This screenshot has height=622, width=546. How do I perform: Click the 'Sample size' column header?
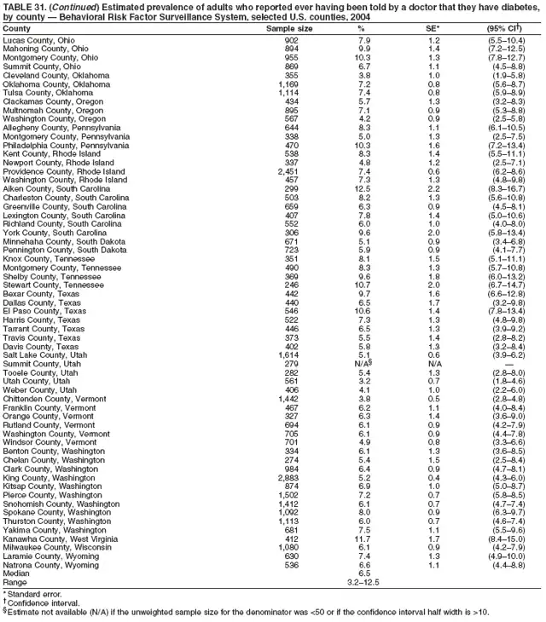click(x=290, y=29)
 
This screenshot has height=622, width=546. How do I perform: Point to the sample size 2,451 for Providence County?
click(x=291, y=147)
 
